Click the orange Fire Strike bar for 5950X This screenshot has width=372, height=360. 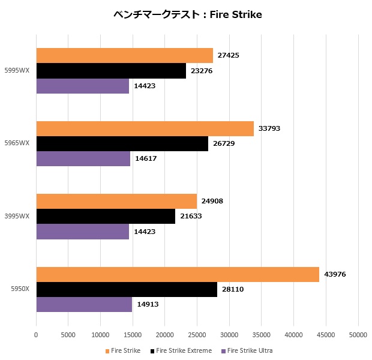(x=178, y=275)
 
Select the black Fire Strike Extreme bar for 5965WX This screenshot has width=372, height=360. (x=122, y=143)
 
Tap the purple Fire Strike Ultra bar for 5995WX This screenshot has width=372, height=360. (x=83, y=86)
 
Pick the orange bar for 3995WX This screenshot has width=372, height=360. (x=116, y=202)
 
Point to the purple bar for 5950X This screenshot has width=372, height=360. (x=84, y=304)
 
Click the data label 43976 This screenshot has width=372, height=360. (x=335, y=275)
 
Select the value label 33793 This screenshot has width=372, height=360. (x=269, y=128)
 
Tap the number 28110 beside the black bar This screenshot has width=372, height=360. (x=233, y=289)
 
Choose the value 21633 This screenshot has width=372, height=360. (x=191, y=216)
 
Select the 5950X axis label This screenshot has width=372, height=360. (x=20, y=290)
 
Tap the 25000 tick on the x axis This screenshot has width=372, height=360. (x=197, y=335)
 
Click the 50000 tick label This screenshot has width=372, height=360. (x=358, y=335)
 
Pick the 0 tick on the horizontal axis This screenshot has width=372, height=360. (x=36, y=335)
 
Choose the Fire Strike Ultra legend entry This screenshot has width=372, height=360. (x=247, y=350)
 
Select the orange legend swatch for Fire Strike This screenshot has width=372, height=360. (x=107, y=351)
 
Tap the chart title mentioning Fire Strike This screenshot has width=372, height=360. (x=188, y=14)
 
